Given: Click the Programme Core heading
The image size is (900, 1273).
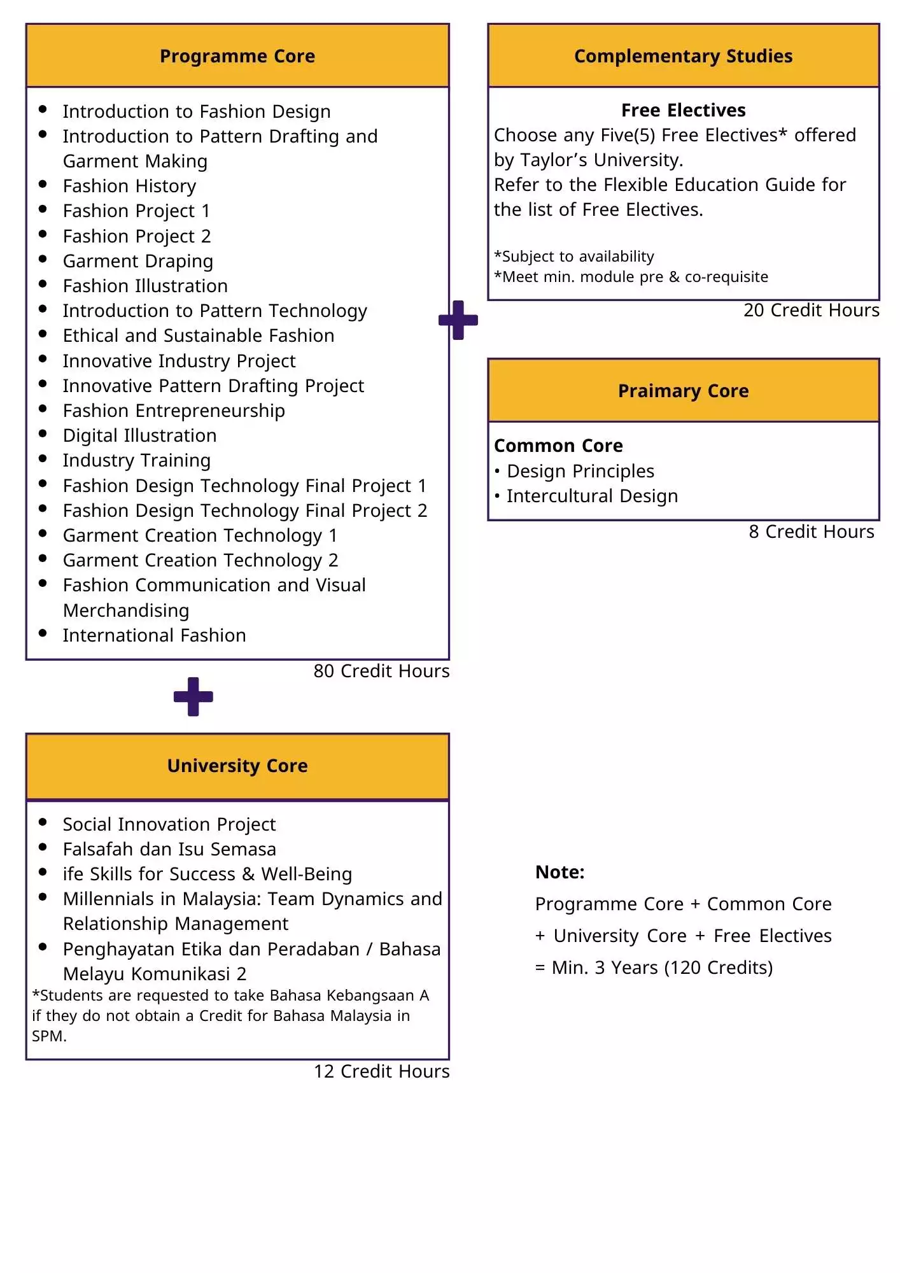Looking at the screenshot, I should pos(237,56).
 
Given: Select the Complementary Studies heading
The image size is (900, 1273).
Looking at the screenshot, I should pos(683,56).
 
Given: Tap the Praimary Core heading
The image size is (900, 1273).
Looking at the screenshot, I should pos(683,391).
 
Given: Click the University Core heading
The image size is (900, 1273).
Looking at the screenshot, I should pos(237,766).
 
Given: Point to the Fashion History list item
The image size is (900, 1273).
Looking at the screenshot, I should pos(129,186).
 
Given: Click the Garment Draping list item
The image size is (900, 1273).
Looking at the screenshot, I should pos(137,261).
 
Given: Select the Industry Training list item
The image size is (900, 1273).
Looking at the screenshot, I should pos(136,460).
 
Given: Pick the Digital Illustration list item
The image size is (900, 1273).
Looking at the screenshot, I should pos(139,435).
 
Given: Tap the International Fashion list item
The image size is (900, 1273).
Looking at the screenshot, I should pos(154,635).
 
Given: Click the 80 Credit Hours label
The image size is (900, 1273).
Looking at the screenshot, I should pos(381,671).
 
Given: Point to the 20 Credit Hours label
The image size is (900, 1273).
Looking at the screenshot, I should pos(811,310).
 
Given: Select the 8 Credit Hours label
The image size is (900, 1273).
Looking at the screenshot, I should pos(811,531).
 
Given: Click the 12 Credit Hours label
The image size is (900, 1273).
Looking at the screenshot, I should pos(381,1071).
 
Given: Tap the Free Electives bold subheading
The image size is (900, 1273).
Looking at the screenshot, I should pos(683,110).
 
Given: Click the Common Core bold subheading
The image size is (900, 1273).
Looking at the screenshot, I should pos(558,446).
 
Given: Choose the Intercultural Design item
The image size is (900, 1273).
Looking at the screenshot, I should pos(592,496).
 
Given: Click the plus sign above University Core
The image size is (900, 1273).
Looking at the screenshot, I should pos(193,696).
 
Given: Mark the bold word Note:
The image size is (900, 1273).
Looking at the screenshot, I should pos(559,872).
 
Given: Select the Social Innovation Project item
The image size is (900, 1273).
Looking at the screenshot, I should pos(169,824).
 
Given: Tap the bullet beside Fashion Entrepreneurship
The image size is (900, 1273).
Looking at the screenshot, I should pos(43,409).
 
